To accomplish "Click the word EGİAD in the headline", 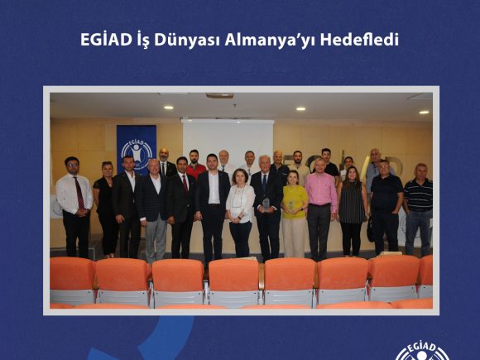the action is pyautogui.click(x=106, y=40).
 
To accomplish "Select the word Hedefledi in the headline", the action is pyautogui.click(x=359, y=40).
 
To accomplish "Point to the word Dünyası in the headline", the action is pyautogui.click(x=187, y=41).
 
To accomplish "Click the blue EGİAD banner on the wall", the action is pyautogui.click(x=137, y=148).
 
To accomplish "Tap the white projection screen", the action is pyautogui.click(x=228, y=139).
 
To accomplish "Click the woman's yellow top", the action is pyautogui.click(x=295, y=202).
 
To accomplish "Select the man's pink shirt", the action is pyautogui.click(x=321, y=190).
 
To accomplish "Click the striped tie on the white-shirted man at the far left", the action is pyautogui.click(x=79, y=194).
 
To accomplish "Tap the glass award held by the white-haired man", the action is pyautogui.click(x=266, y=204).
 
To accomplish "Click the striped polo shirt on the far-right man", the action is pyautogui.click(x=418, y=194).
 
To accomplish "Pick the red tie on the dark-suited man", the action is pyautogui.click(x=185, y=184).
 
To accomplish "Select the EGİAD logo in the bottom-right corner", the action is pyautogui.click(x=422, y=352).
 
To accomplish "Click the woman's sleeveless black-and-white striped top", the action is pyautogui.click(x=352, y=203).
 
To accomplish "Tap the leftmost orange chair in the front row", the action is pyautogui.click(x=72, y=281).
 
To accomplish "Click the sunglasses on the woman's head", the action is pyautogui.click(x=107, y=162).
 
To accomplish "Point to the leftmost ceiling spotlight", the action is pyautogui.click(x=168, y=108).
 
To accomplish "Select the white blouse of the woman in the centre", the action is pyautogui.click(x=240, y=204).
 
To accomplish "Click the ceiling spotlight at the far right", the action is pyautogui.click(x=424, y=113).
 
